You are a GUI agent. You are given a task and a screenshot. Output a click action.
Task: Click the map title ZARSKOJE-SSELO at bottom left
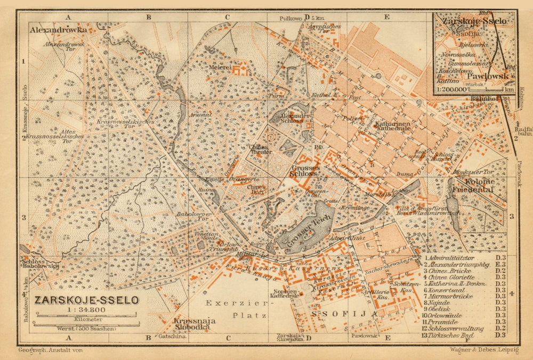[86, 300]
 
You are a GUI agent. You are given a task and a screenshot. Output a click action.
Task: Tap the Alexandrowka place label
[59, 30]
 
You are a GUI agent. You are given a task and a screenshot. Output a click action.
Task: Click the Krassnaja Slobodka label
[191, 324]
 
